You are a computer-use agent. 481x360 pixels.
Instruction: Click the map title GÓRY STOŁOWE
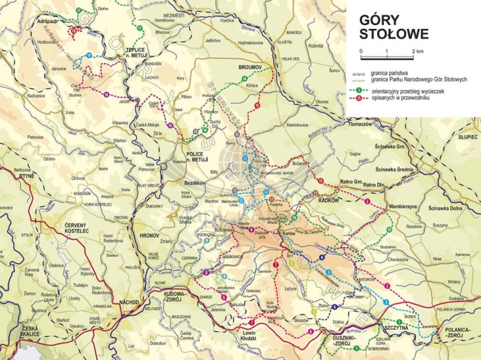click(385, 26)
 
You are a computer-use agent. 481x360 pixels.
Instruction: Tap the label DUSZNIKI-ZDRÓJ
click(335, 341)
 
